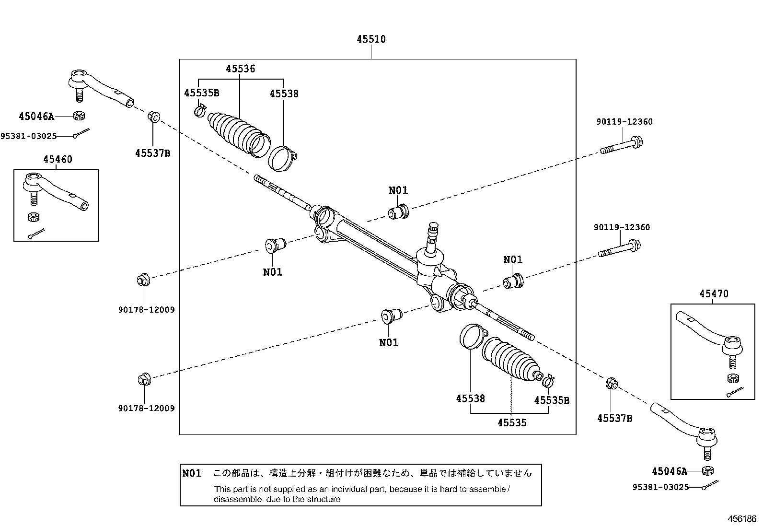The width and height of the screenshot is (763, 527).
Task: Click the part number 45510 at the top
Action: [371, 39]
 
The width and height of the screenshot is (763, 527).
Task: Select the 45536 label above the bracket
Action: [241, 69]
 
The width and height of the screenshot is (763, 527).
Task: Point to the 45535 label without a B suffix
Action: [512, 422]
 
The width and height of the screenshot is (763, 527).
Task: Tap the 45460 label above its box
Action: [58, 159]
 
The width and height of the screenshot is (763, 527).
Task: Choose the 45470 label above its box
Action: [714, 293]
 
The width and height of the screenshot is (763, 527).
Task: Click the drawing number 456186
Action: [741, 519]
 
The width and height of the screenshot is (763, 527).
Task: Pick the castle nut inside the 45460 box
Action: [33, 217]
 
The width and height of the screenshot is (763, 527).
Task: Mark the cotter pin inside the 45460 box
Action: [36, 234]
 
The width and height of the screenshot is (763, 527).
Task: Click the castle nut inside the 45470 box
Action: [732, 378]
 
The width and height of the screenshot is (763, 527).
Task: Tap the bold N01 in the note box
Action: [192, 473]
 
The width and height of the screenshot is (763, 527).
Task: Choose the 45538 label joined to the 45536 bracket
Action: [284, 94]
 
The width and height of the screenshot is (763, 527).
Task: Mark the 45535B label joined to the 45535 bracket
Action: [552, 400]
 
